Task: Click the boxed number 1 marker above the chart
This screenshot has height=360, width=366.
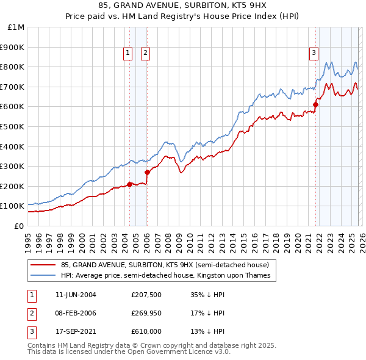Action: click(128, 53)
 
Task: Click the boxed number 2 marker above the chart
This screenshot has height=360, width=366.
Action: click(146, 53)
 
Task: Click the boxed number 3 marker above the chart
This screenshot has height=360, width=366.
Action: click(314, 53)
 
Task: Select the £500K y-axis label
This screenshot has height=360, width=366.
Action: click(13, 126)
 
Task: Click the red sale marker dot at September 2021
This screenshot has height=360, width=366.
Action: click(315, 104)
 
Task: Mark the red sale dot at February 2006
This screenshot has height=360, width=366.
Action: click(147, 172)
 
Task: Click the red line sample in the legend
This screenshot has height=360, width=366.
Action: click(43, 265)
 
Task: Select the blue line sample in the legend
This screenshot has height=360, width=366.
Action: click(43, 276)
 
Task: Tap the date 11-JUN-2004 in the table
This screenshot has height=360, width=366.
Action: click(76, 295)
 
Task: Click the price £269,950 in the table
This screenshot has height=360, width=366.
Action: click(146, 313)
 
